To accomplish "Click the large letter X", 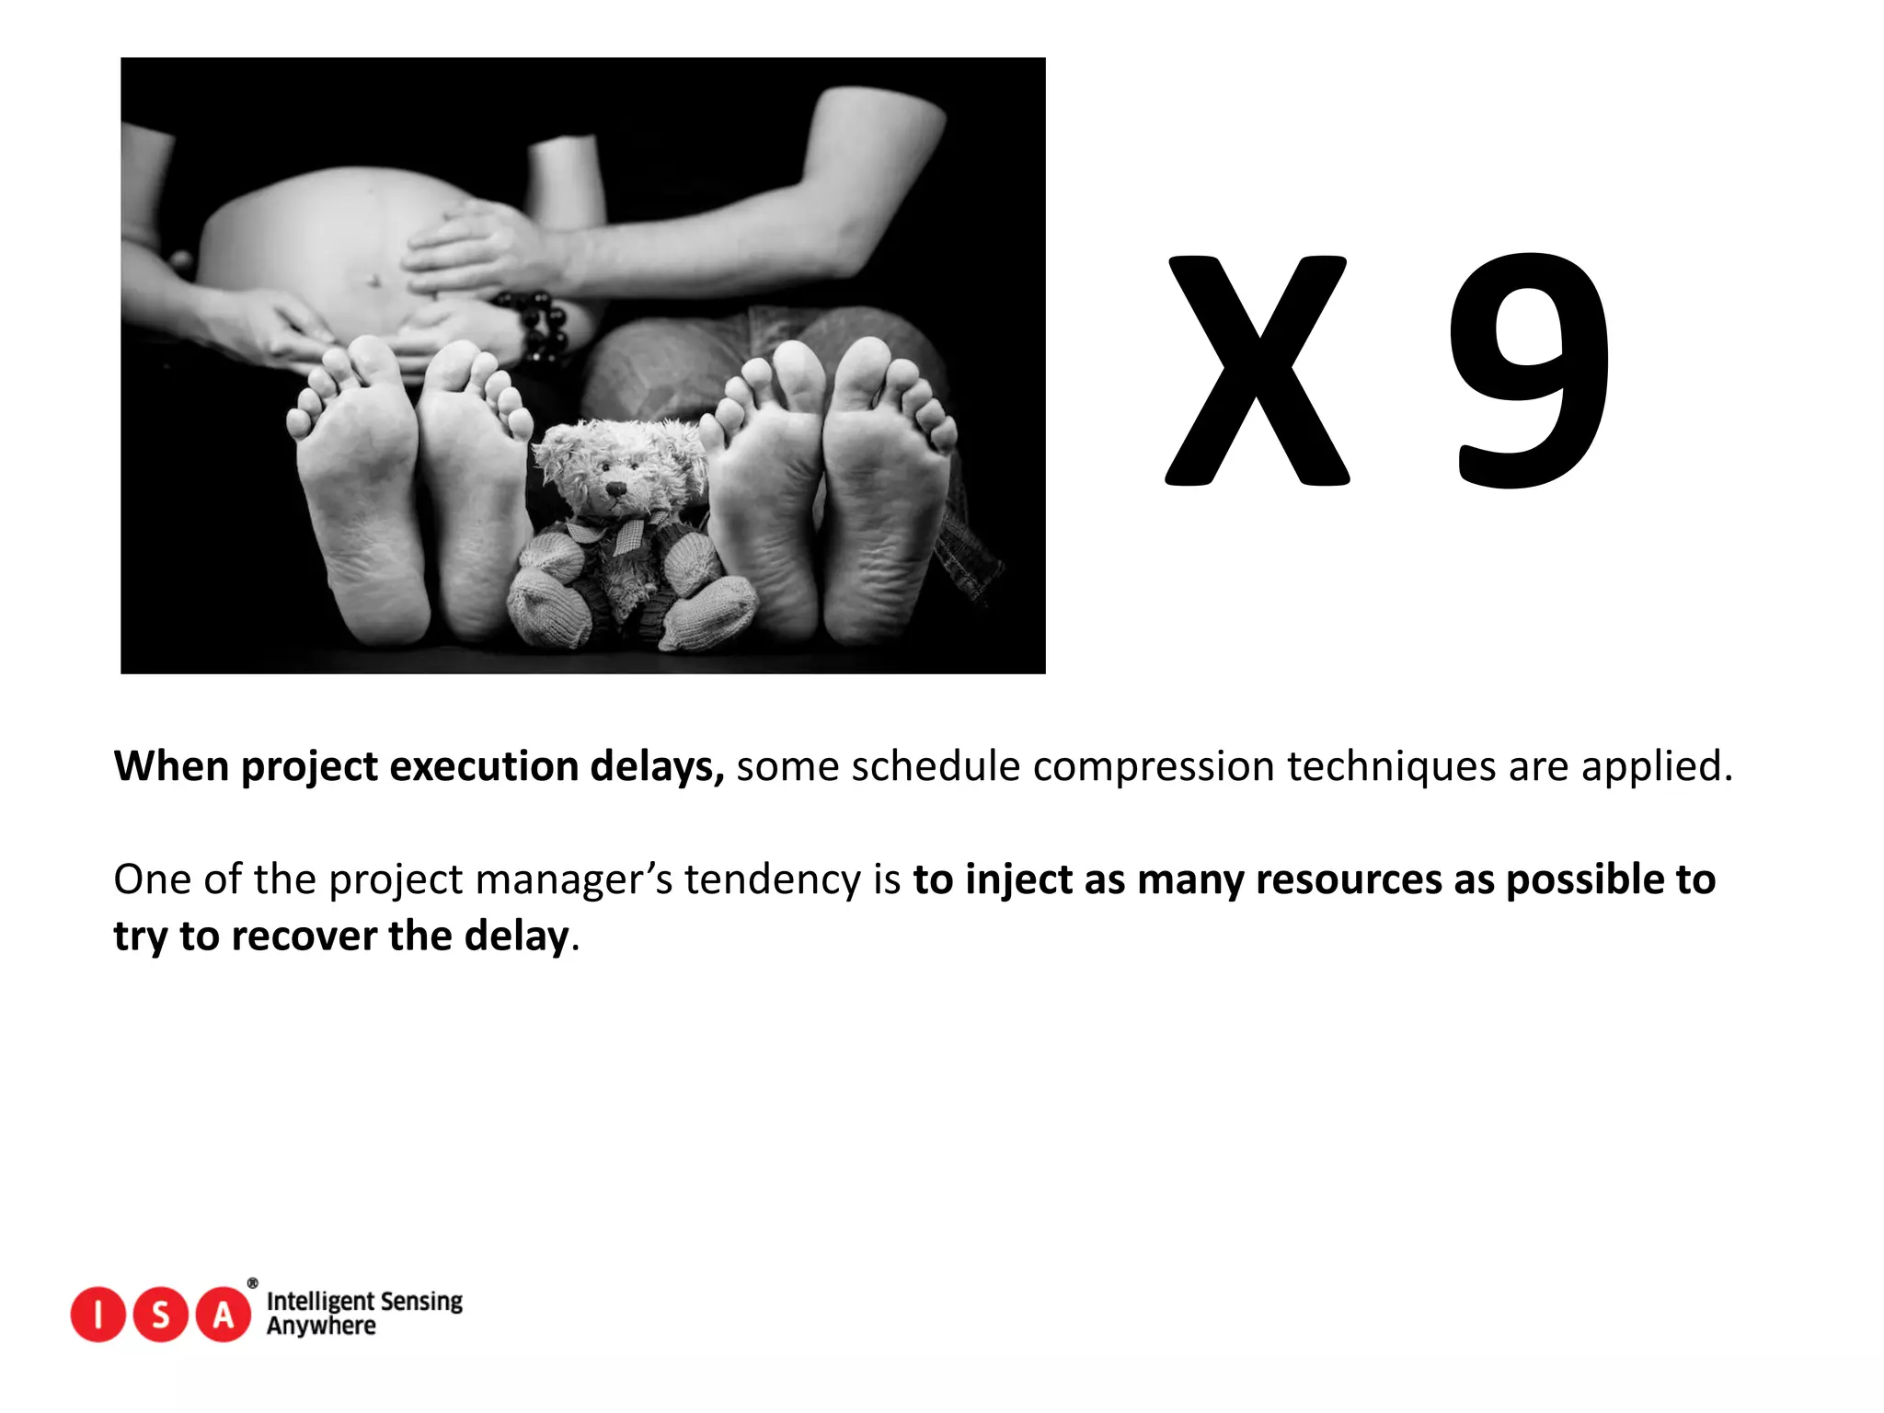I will (x=1257, y=370).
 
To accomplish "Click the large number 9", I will (x=1531, y=370).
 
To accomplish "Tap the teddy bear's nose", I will (x=615, y=487).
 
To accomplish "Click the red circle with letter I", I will (x=98, y=1315).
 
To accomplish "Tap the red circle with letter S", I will (x=161, y=1315).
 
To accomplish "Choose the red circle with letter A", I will (x=224, y=1315).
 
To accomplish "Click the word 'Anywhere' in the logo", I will (x=321, y=1326).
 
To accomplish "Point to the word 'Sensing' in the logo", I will (x=420, y=1302).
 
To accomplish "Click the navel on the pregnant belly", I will (x=373, y=279).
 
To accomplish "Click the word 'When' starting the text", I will (x=171, y=766).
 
